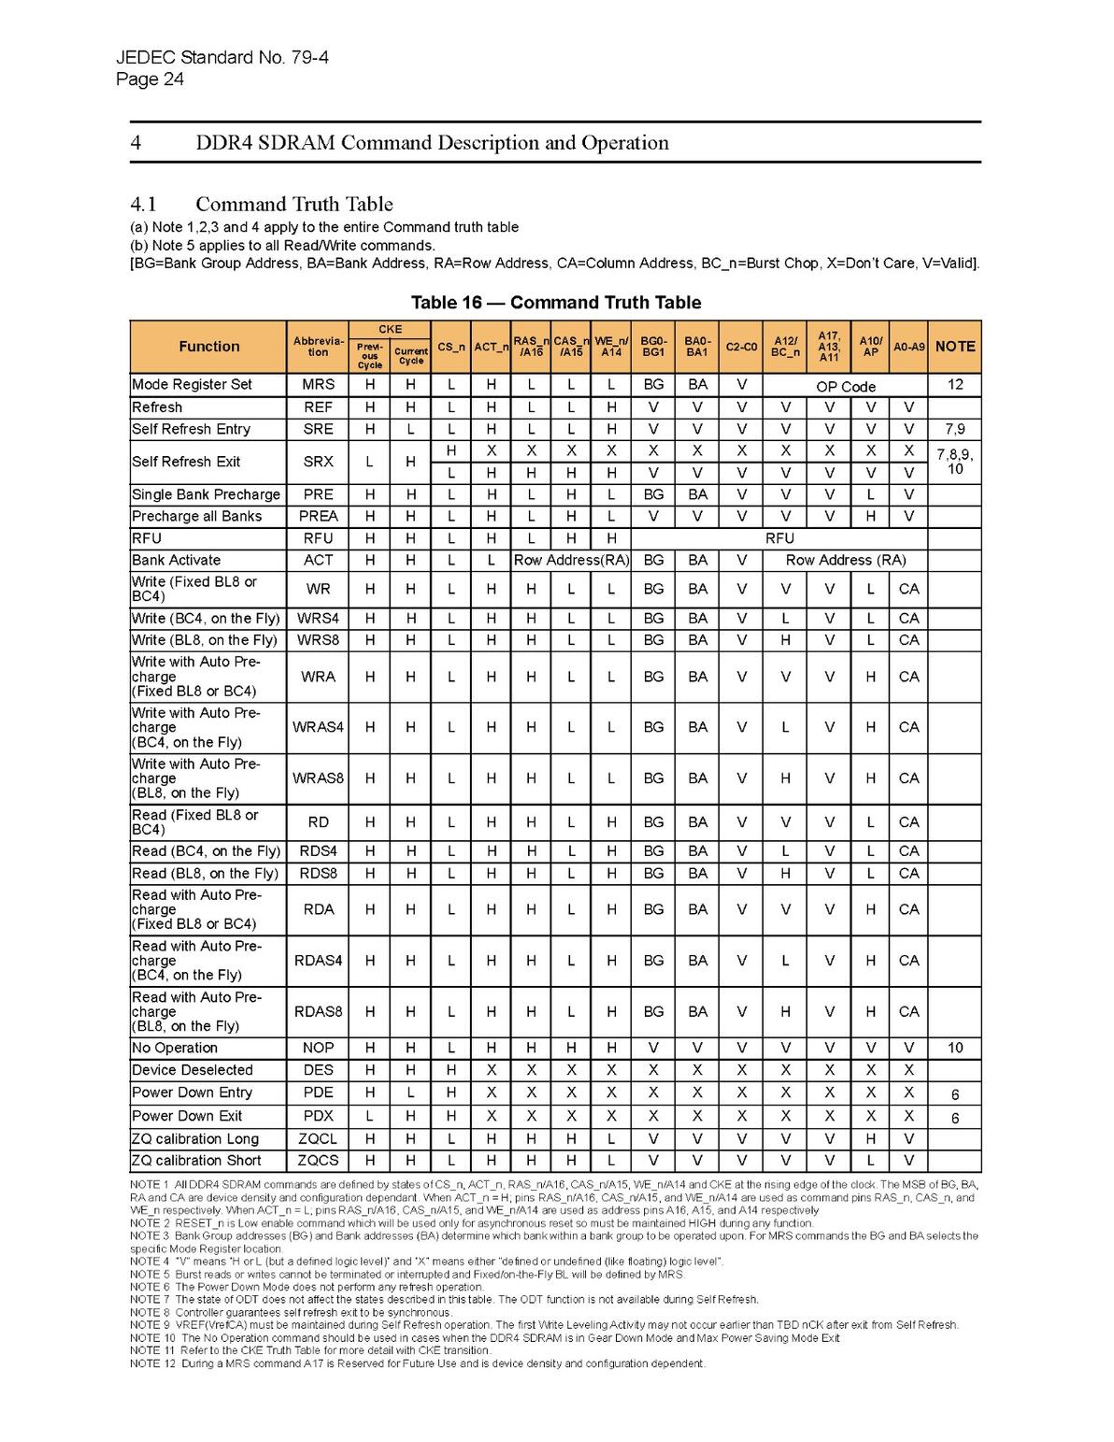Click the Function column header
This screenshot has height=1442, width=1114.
[208, 347]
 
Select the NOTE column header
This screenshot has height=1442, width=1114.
[954, 347]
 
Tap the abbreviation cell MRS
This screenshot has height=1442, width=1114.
[318, 385]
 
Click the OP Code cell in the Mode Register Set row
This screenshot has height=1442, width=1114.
[845, 386]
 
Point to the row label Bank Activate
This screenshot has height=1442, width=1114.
[177, 561]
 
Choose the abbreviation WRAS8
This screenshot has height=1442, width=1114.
[318, 778]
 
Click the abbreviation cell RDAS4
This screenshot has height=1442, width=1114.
[318, 961]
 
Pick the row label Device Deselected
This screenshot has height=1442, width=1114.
[193, 1071]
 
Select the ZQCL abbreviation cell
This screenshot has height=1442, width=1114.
[318, 1139]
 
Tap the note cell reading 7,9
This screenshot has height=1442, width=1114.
[954, 430]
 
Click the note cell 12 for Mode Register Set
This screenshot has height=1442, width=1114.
[954, 385]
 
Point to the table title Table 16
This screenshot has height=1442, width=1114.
[555, 303]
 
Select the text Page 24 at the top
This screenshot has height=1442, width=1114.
[150, 79]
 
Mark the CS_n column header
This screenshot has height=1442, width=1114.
[450, 347]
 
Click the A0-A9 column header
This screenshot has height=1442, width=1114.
[908, 347]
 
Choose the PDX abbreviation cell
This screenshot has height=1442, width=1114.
[318, 1117]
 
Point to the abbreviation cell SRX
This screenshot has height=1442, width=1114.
[318, 462]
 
